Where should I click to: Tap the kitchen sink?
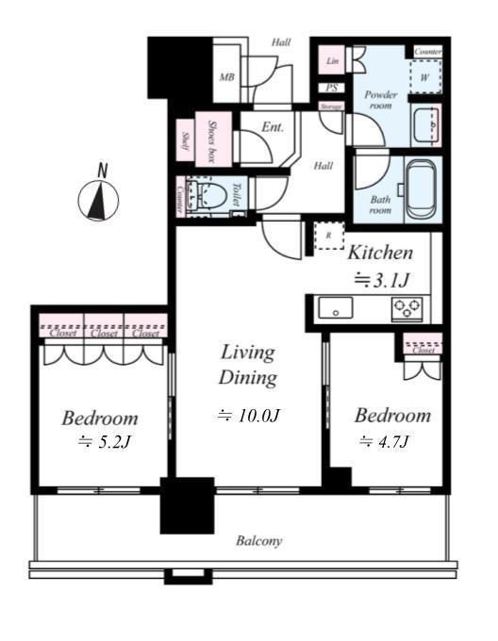tap(335, 307)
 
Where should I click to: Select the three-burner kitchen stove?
tap(407, 308)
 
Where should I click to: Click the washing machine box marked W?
tap(425, 77)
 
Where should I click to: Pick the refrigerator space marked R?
tap(329, 236)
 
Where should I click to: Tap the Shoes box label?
tap(212, 141)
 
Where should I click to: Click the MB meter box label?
tap(227, 77)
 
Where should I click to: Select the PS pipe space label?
tap(332, 88)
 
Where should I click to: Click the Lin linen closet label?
tap(332, 61)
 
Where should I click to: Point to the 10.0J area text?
tap(249, 416)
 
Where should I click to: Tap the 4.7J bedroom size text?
tap(384, 441)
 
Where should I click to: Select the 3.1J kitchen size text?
tap(381, 280)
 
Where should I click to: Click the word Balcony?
tap(258, 541)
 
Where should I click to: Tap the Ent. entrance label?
tap(273, 127)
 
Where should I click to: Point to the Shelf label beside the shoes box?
tap(185, 140)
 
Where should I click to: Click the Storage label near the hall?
tap(331, 107)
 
